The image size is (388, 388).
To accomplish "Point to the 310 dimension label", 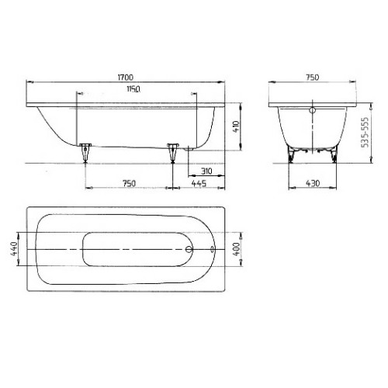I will click(x=206, y=170).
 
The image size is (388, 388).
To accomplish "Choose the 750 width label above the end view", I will click(x=312, y=78).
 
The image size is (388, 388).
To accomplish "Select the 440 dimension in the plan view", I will click(x=13, y=248).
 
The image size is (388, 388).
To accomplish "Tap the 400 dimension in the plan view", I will click(x=237, y=248).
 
